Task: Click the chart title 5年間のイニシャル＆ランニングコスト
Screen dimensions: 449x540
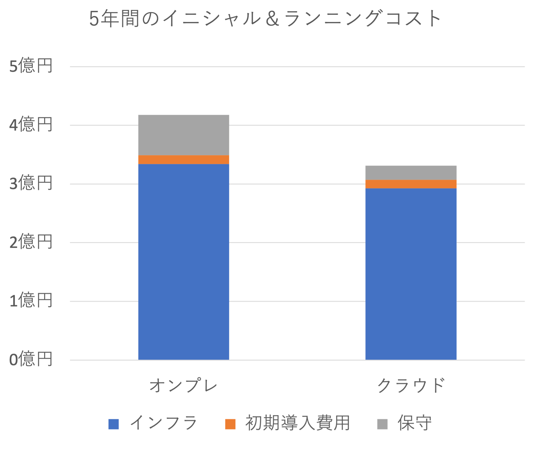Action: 265,19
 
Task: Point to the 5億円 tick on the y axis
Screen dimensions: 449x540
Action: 31,66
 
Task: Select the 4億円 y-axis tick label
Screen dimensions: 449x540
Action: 31,125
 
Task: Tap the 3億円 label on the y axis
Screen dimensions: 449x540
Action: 31,183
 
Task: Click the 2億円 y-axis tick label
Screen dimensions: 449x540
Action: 31,242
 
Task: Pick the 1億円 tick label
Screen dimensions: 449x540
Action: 31,301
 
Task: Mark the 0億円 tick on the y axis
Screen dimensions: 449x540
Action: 31,359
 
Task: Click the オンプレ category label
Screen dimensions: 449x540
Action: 183,385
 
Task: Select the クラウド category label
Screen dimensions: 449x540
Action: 411,385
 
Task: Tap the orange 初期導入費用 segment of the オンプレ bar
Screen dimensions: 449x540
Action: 184,160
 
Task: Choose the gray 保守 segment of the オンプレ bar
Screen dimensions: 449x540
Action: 184,135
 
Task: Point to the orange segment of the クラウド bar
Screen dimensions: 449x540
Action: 411,184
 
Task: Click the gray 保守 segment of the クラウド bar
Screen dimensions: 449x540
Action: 411,173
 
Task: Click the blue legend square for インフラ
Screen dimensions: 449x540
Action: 114,424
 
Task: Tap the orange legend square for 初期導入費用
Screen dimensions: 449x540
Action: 230,424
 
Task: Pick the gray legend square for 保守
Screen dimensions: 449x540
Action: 382,424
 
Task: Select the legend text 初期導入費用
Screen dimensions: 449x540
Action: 297,423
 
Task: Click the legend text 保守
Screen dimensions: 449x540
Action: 414,423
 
